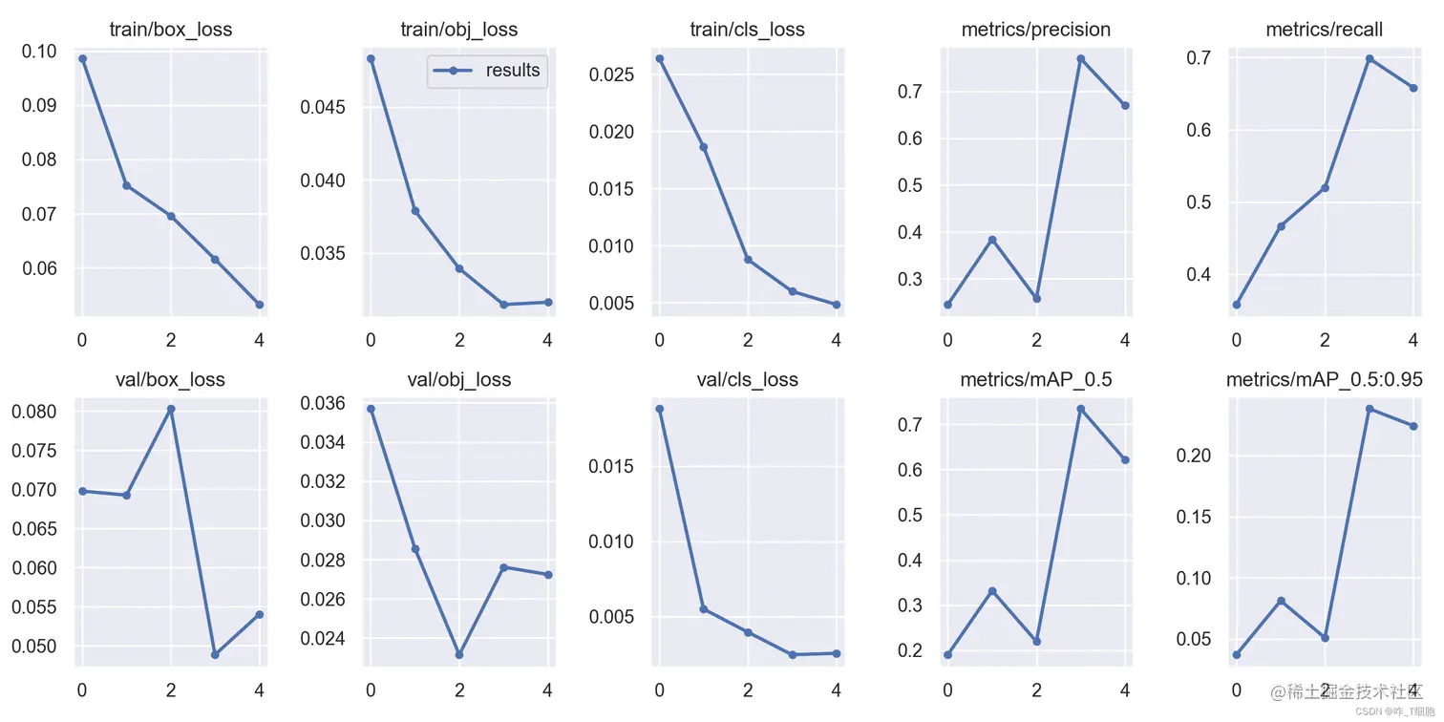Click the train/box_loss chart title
pyautogui.click(x=172, y=30)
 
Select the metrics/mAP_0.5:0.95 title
pyautogui.click(x=1325, y=379)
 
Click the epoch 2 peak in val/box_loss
pyautogui.click(x=171, y=409)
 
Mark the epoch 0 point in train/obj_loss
pyautogui.click(x=371, y=58)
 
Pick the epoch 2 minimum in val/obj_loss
pyautogui.click(x=459, y=655)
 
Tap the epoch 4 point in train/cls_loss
pyautogui.click(x=837, y=305)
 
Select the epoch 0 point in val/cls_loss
pyautogui.click(x=659, y=409)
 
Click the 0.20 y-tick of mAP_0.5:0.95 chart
pyautogui.click(x=1194, y=456)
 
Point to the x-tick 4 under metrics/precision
pyautogui.click(x=1125, y=339)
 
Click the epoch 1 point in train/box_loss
pyautogui.click(x=126, y=185)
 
